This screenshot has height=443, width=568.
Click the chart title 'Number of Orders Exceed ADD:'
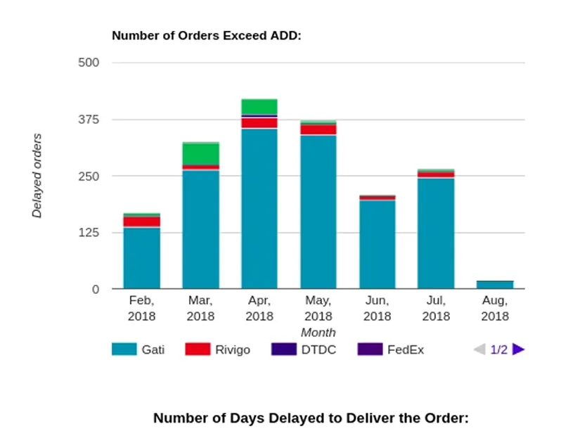[x=206, y=35]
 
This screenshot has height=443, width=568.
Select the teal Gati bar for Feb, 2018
[x=141, y=258]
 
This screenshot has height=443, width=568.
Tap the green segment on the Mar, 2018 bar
[x=200, y=153]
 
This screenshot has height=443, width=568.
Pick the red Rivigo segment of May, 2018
[x=318, y=129]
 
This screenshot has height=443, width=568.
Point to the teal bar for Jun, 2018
[x=377, y=245]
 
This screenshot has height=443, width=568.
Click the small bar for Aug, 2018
[x=495, y=285]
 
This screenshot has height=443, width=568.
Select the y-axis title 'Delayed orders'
[x=37, y=176]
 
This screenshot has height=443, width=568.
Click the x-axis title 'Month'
[x=318, y=332]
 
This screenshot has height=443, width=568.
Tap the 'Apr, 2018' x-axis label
[x=259, y=308]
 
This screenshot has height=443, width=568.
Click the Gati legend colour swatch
[x=124, y=349]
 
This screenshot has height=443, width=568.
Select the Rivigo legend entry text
[x=232, y=349]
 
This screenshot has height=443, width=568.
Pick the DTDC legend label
[x=318, y=349]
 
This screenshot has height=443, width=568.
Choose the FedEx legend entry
[x=406, y=349]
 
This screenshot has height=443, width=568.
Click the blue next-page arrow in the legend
[x=519, y=349]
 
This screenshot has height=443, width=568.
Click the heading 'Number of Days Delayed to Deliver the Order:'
[x=311, y=418]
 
